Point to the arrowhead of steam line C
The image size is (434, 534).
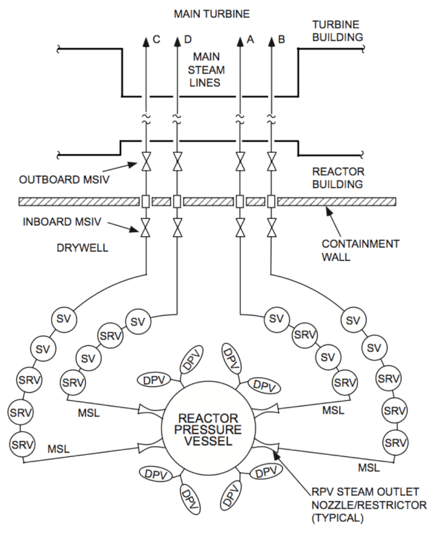pos(146,41)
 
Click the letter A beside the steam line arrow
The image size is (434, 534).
pos(250,40)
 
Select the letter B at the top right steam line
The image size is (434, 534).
pos(281,40)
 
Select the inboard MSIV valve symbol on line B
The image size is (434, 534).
pos(271,228)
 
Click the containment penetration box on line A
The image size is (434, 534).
pos(240,202)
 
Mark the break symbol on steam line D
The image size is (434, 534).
pos(177,118)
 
